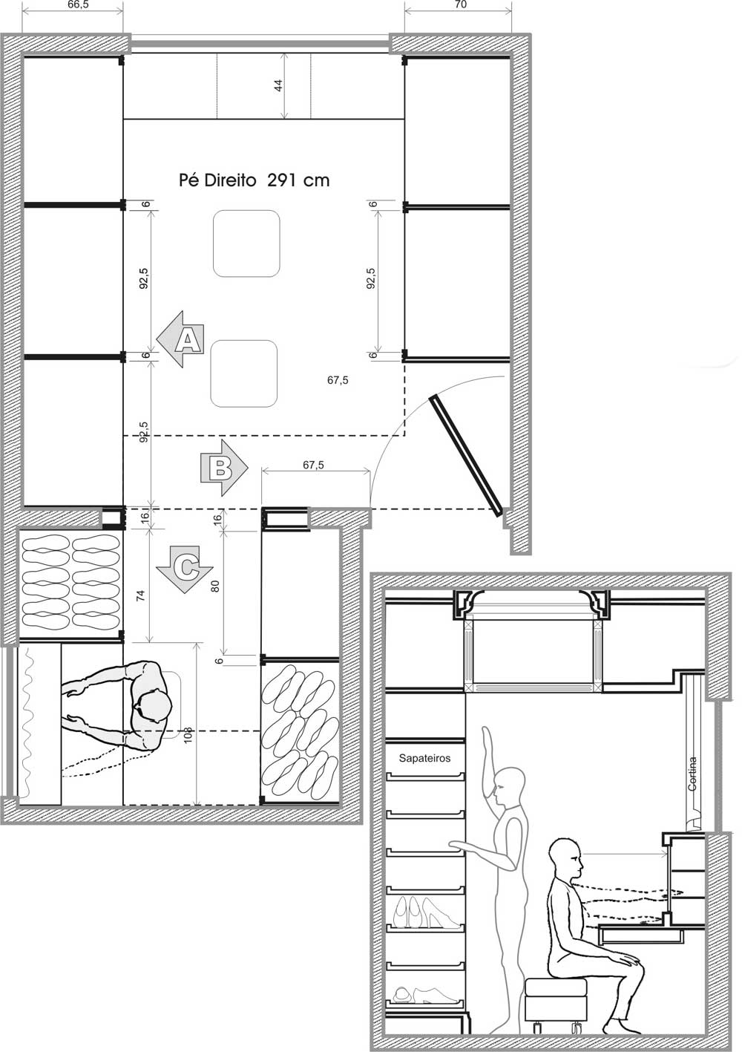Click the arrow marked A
tap(180, 340)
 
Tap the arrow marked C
tap(179, 568)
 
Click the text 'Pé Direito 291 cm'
tap(254, 180)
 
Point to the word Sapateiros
tap(424, 759)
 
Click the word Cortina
tap(692, 774)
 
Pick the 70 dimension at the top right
tap(459, 4)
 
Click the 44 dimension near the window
tap(278, 85)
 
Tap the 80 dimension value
tap(215, 585)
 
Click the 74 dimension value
tap(142, 594)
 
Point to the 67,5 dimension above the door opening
tap(314, 465)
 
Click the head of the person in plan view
tap(156, 708)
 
